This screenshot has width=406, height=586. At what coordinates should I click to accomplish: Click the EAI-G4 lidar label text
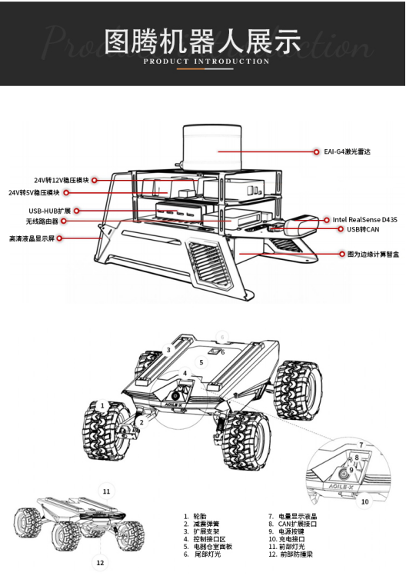347,151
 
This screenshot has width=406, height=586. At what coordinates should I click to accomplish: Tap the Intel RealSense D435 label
365,220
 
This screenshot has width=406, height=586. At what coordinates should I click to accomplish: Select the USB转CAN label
363,229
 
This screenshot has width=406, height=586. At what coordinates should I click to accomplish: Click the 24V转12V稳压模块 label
62,180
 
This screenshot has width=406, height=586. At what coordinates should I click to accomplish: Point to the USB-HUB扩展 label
50,211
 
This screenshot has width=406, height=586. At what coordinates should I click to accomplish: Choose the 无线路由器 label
42,221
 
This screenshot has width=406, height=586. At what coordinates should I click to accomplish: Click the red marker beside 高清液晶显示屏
59,238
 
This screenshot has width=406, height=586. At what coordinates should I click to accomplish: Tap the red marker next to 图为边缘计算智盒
341,254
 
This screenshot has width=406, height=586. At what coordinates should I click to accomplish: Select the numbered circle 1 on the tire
102,405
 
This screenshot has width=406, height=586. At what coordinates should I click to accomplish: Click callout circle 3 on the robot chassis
168,350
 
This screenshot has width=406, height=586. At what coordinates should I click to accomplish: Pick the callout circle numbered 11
107,491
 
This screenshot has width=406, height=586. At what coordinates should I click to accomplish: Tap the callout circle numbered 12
100,562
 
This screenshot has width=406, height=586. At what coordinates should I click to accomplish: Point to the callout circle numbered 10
365,501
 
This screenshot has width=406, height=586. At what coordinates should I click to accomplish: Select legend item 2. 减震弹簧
201,524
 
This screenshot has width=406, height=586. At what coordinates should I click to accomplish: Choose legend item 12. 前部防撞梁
291,554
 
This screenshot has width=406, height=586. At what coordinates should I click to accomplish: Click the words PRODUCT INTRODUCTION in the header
206,62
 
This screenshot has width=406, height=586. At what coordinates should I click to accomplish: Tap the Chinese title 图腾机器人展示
202,41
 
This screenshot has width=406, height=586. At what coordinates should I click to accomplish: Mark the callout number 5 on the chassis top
201,362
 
